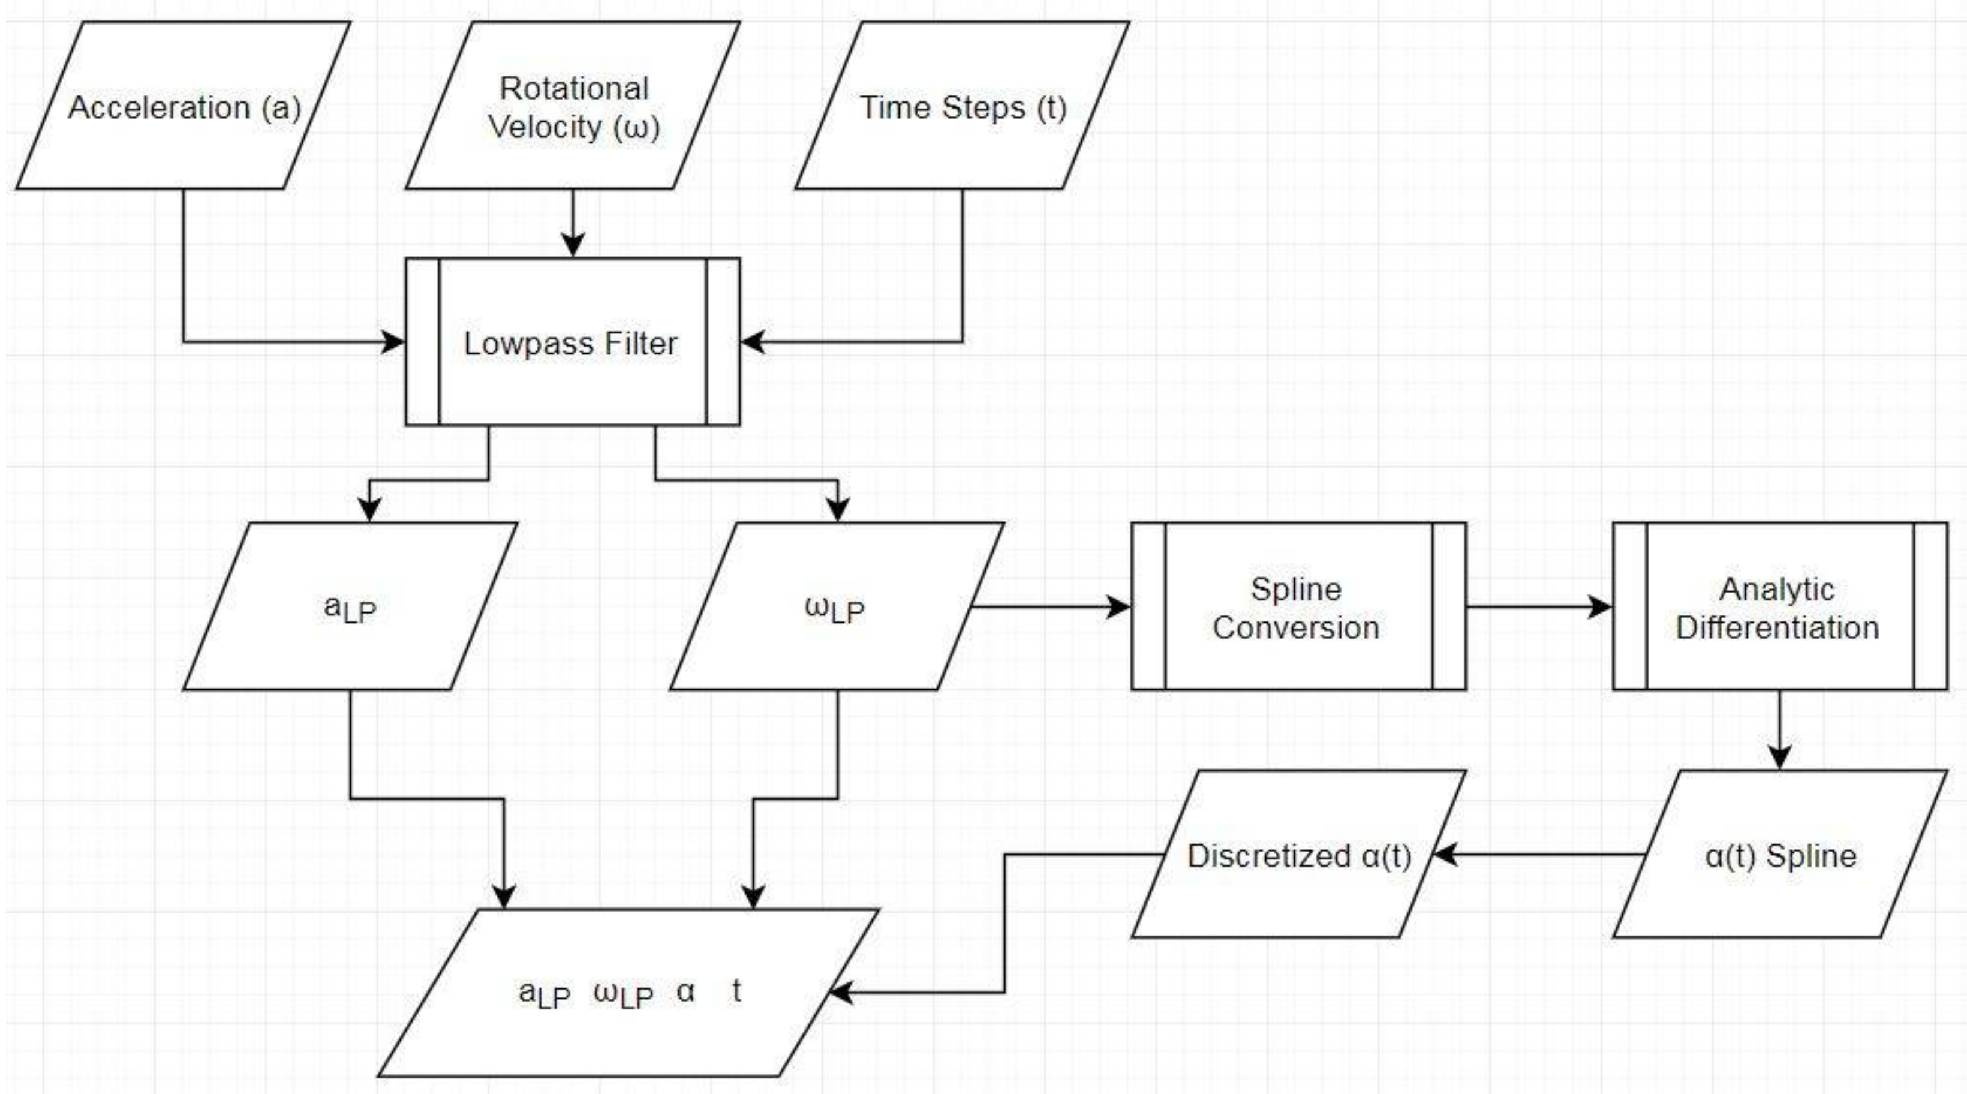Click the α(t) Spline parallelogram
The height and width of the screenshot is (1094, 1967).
coord(1779,855)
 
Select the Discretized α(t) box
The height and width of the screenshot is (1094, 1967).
coord(1298,855)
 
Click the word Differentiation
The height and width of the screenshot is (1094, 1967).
coord(1777,627)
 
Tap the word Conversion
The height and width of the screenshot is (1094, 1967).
coord(1296,627)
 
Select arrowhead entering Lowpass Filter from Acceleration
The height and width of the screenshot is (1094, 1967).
coord(394,342)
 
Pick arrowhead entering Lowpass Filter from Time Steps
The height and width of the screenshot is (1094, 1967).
coord(753,342)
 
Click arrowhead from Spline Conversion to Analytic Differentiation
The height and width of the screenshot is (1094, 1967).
coord(1601,607)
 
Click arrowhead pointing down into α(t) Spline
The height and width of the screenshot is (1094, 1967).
coord(1779,758)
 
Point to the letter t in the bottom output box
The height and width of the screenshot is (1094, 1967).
coord(736,991)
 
